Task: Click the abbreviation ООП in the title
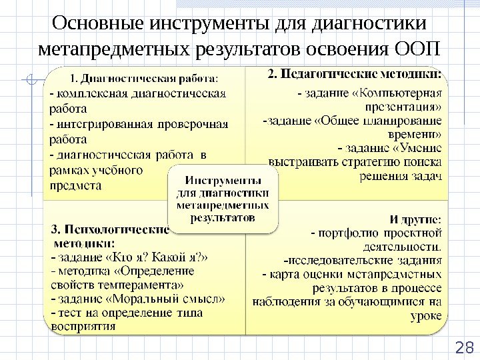[x=418, y=50]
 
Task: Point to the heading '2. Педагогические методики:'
[x=357, y=73]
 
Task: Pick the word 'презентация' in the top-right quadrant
[x=403, y=107]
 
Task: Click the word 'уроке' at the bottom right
[x=427, y=315]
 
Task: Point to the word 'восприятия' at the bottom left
[x=83, y=327]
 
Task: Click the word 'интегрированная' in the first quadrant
[x=106, y=124]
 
